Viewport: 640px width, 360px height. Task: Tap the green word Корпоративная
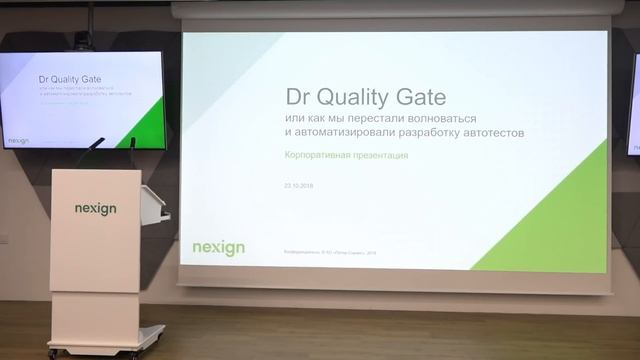pyautogui.click(x=317, y=156)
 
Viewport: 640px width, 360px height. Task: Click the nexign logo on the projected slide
pyautogui.click(x=218, y=247)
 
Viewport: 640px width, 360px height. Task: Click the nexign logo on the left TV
pyautogui.click(x=17, y=141)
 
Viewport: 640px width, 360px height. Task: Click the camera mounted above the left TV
pyautogui.click(x=83, y=41)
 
